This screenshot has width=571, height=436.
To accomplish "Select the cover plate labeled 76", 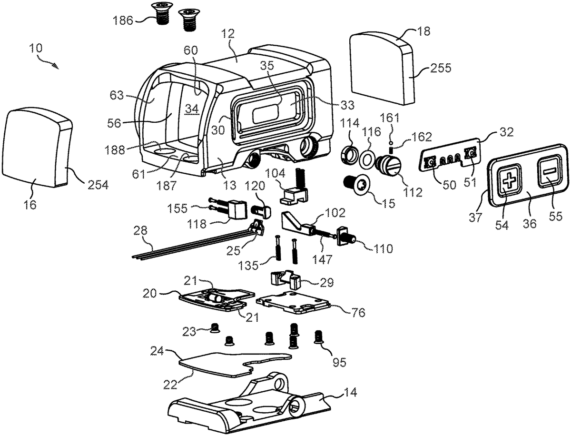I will pyautogui.click(x=293, y=303).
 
